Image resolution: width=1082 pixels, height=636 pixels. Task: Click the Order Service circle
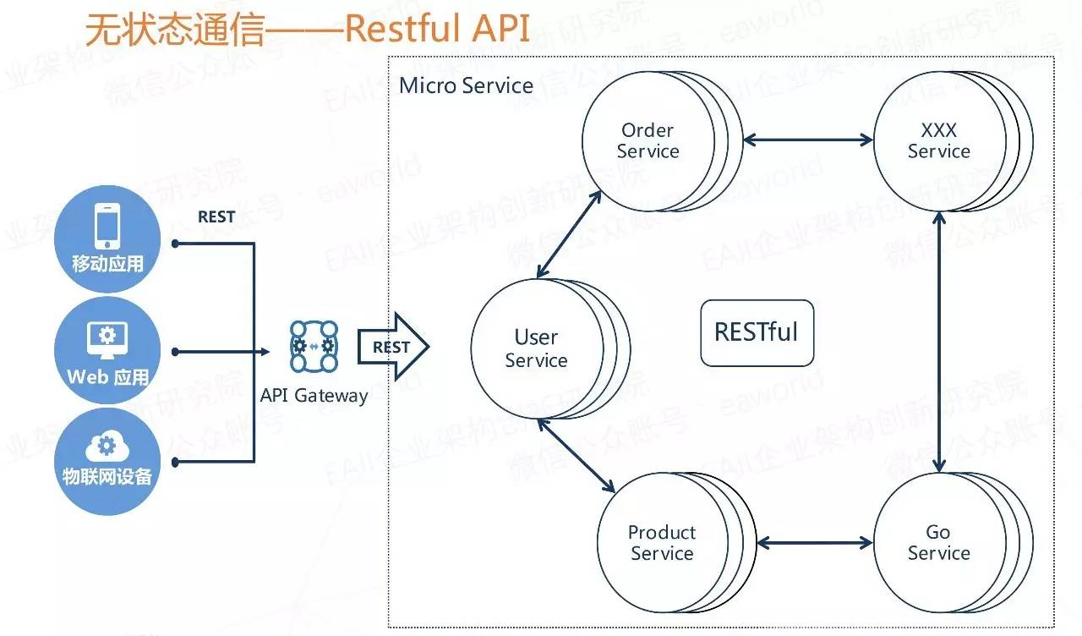648,141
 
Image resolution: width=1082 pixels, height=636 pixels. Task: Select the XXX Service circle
938,141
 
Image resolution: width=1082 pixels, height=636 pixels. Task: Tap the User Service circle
536,348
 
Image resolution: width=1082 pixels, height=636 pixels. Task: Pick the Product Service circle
662,543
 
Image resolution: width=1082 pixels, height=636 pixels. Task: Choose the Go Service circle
938,543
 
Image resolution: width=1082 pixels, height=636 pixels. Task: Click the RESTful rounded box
757,332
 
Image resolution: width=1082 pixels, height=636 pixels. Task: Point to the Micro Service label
466,85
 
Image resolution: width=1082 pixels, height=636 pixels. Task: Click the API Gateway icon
314,346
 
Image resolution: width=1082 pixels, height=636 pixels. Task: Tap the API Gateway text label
314,396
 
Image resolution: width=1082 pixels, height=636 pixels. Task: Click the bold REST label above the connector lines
216,217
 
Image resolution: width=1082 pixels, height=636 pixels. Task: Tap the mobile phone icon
107,226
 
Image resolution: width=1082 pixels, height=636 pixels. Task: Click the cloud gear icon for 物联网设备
107,447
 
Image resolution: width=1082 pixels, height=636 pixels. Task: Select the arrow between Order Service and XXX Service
807,140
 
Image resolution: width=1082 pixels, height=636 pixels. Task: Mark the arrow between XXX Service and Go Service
938,343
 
